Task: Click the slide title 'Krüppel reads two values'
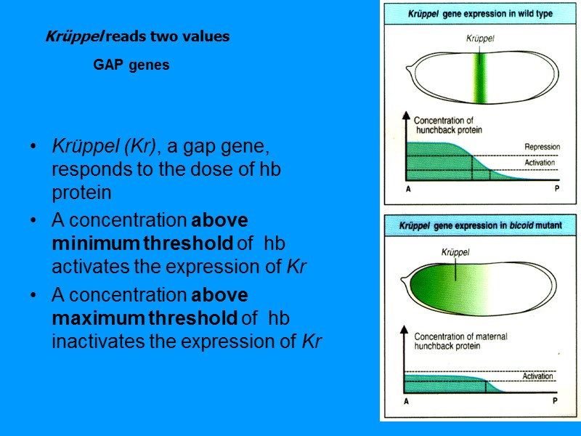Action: [x=137, y=37]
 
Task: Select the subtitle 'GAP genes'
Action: [x=131, y=65]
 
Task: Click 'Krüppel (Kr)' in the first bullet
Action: [x=107, y=147]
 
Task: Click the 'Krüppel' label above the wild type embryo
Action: [x=480, y=39]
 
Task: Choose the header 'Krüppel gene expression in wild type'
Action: [x=480, y=14]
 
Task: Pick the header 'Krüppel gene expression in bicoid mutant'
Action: [x=480, y=226]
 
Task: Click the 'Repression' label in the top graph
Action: [x=542, y=147]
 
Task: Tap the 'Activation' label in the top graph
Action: [x=540, y=162]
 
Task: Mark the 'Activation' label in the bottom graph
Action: [x=538, y=376]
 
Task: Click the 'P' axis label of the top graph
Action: [x=556, y=187]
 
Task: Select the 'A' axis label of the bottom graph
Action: [x=406, y=400]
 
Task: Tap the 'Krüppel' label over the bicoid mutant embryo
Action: [x=456, y=252]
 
